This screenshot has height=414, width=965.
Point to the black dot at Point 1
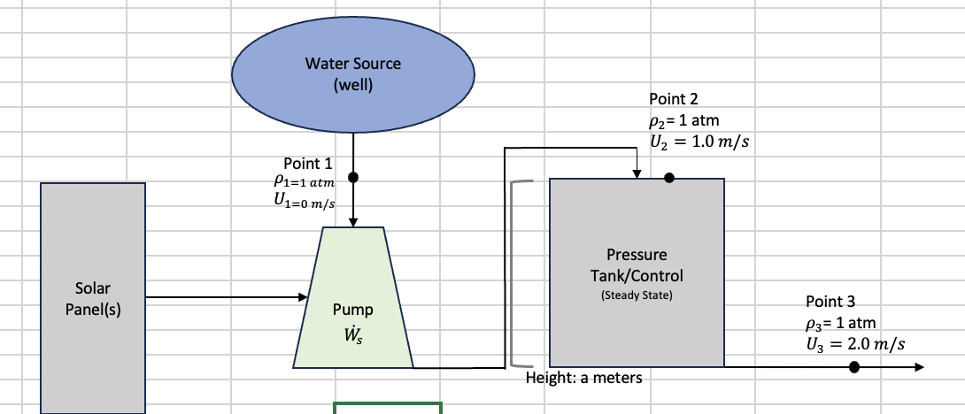pos(353,177)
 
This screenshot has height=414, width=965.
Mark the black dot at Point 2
pos(669,178)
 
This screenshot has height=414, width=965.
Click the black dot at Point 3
pos(853,367)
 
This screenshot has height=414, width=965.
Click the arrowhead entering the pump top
pos(353,221)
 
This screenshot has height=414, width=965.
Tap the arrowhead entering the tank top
pos(637,173)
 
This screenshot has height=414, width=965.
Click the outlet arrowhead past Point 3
pos(918,367)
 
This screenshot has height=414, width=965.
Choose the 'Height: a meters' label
pos(583,378)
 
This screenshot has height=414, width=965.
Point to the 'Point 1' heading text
pos(307,164)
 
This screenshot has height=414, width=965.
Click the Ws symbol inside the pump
pos(352,335)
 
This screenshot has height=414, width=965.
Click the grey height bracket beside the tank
pos(513,273)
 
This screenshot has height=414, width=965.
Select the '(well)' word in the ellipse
pos(352,85)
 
